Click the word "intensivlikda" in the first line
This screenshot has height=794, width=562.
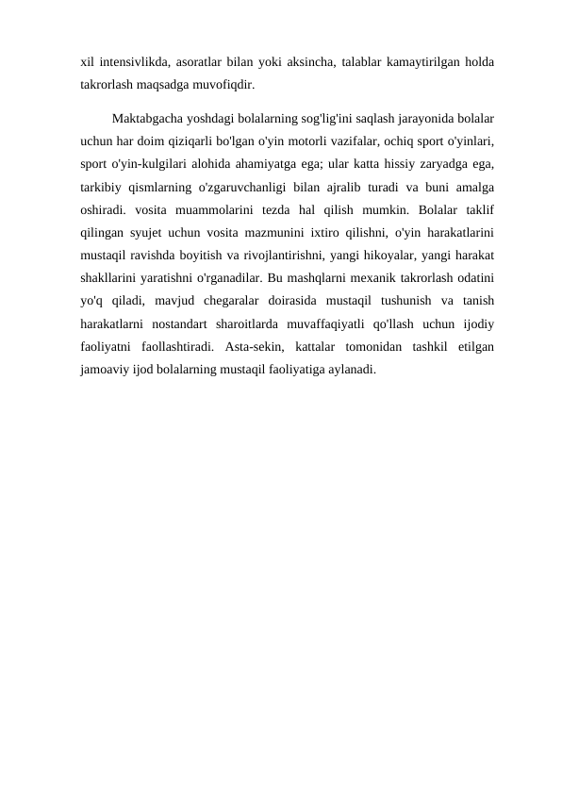(x=132, y=62)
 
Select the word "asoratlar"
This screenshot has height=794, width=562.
(x=205, y=62)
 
